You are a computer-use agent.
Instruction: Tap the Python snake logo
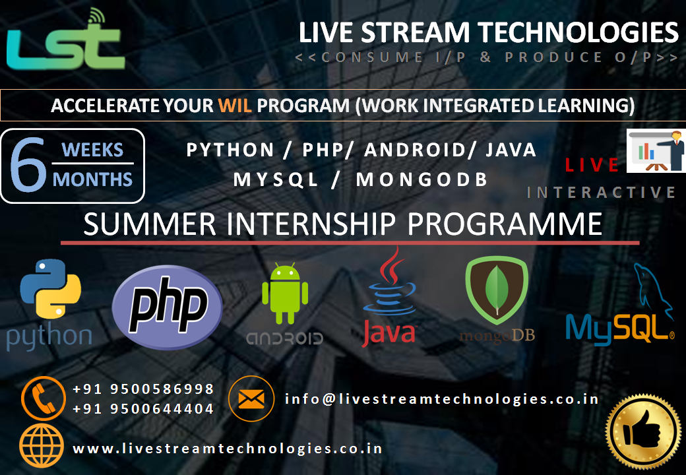50,289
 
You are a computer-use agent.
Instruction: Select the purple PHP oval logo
167,307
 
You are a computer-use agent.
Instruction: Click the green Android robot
285,294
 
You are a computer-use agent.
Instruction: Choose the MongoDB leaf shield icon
497,290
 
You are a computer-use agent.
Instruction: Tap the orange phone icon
44,398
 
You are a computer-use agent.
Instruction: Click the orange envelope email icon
251,398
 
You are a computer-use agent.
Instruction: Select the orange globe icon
42,446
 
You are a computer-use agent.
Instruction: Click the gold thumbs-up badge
643,432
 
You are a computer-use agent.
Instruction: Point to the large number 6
28,165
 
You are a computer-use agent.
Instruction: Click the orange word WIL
235,106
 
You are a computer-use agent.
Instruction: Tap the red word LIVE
592,165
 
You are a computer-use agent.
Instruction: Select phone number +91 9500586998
143,389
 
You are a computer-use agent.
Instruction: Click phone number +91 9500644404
143,408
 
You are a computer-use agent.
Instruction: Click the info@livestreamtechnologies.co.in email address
442,399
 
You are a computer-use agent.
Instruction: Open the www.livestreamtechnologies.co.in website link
228,449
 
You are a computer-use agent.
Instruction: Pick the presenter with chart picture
656,150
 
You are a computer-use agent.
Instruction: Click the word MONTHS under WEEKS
92,179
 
